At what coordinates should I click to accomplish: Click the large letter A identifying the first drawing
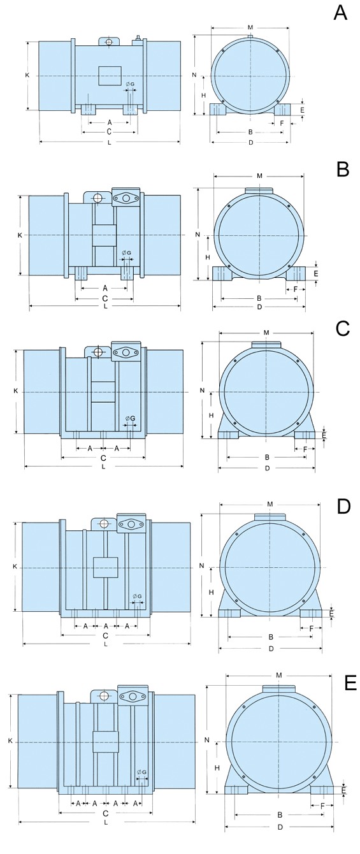pos(340,13)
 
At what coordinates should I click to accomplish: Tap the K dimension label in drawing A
pos(27,75)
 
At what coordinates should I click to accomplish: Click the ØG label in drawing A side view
pos(130,84)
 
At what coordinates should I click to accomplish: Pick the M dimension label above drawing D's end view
pos(270,503)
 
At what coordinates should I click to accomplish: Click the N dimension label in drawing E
pos(206,740)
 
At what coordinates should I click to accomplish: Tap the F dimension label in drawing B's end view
pos(296,289)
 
